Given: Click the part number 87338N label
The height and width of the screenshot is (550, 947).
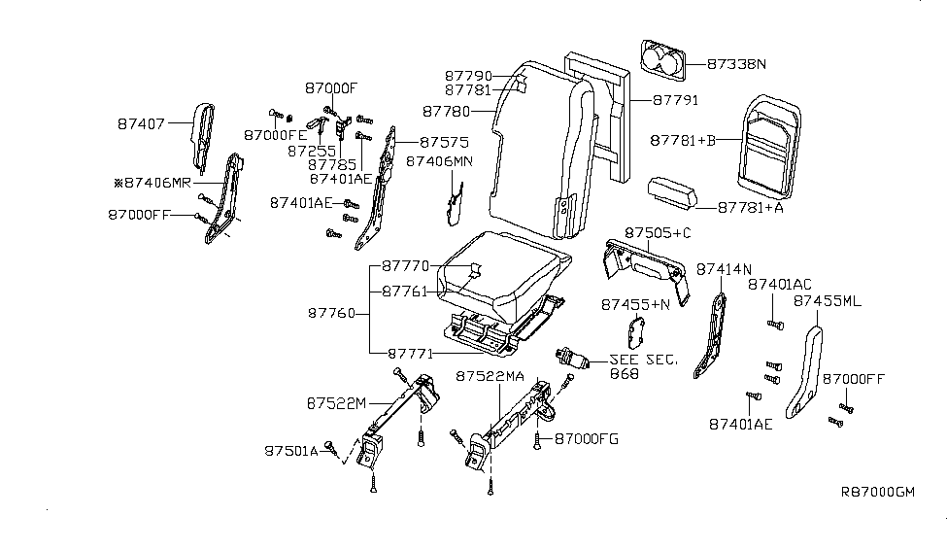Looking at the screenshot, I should pyautogui.click(x=735, y=65).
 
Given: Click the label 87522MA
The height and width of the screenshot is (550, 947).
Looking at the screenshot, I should pyautogui.click(x=490, y=375).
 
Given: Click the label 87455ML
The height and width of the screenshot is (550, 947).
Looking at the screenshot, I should pyautogui.click(x=827, y=301).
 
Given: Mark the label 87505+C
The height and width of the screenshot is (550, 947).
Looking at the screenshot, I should pyautogui.click(x=657, y=233).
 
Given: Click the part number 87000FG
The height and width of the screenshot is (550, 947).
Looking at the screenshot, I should pyautogui.click(x=586, y=439).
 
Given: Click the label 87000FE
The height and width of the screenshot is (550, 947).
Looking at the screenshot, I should pyautogui.click(x=273, y=135).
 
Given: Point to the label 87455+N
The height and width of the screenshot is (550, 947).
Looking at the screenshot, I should pyautogui.click(x=635, y=304).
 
